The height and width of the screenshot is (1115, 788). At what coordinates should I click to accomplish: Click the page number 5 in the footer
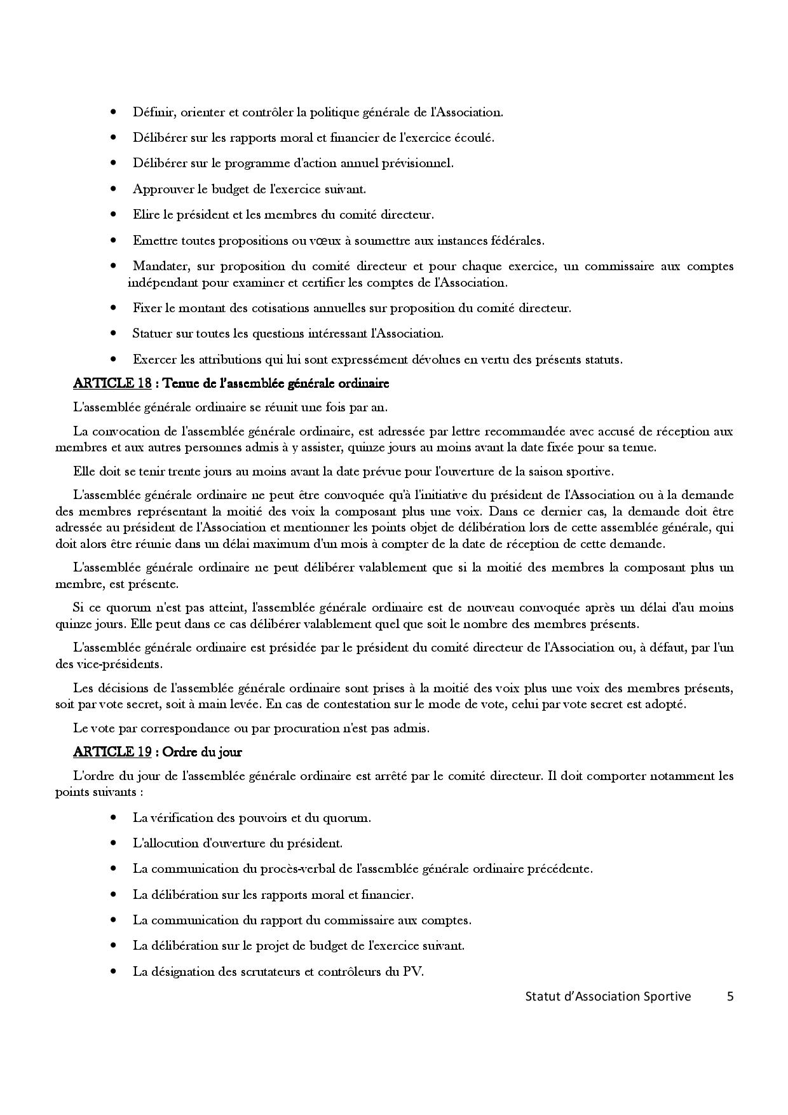coord(730,996)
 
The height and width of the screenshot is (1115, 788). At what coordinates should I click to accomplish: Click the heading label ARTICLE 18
coord(112,383)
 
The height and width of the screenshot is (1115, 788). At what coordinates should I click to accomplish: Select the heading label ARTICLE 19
coord(112,751)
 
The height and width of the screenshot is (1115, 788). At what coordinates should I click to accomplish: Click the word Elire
coord(146,214)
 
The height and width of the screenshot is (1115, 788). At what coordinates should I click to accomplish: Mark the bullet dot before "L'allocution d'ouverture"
coord(114,843)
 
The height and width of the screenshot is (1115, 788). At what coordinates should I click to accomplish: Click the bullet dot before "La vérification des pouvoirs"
coord(114,817)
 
